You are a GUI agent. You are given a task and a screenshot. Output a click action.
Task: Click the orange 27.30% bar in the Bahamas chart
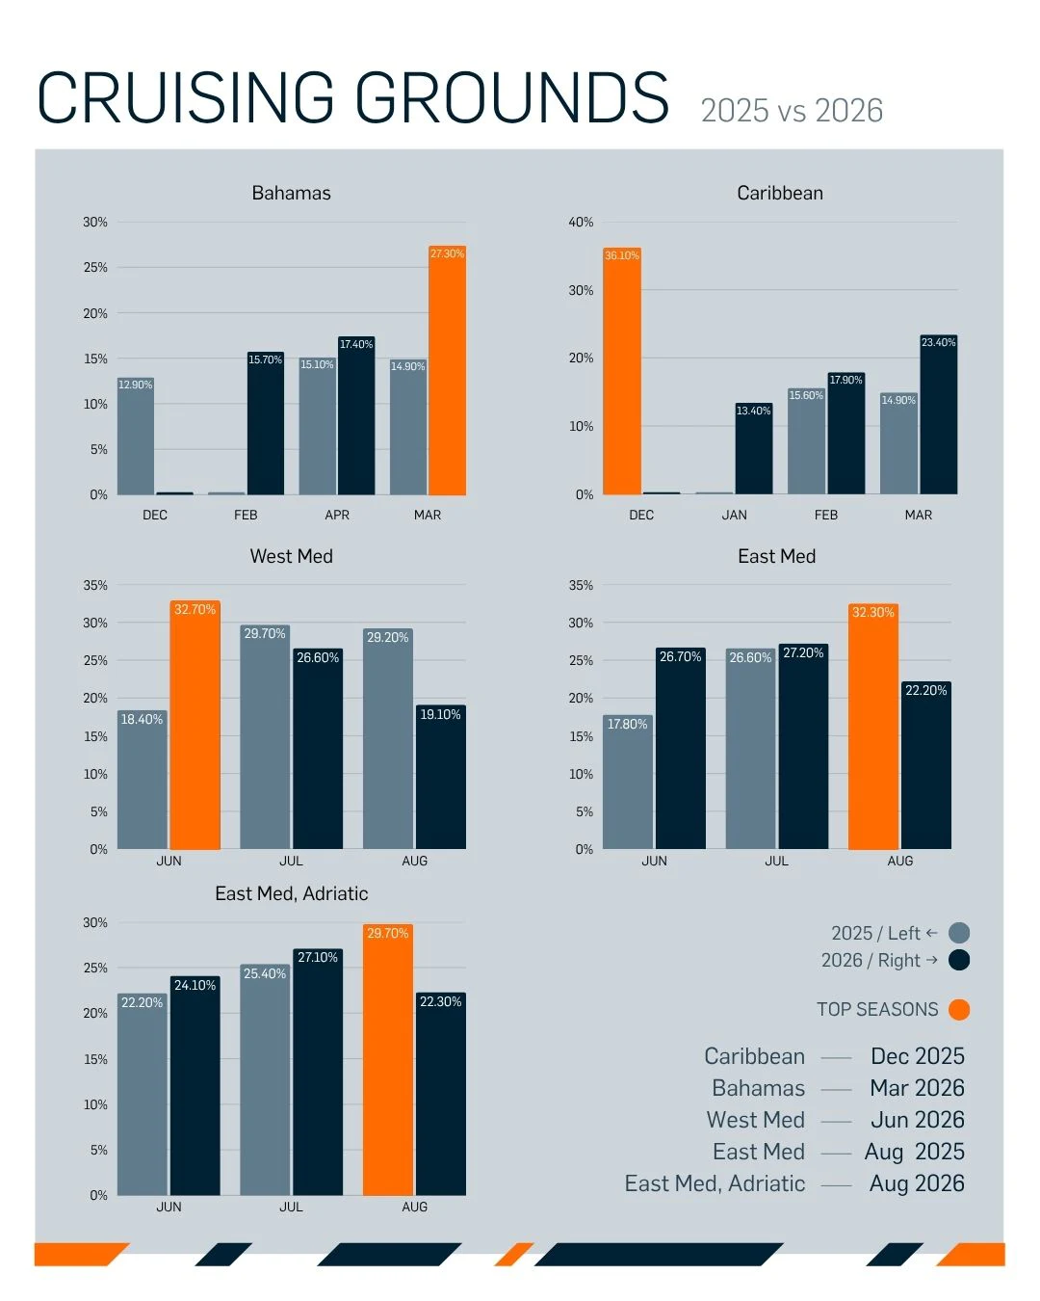(447, 370)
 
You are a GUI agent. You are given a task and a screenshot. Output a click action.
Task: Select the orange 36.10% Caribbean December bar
(622, 371)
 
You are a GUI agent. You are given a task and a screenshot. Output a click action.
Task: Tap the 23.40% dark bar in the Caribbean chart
(939, 414)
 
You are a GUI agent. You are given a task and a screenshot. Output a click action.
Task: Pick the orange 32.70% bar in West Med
(195, 725)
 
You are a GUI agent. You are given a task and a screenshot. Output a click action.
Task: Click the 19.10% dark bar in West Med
(440, 777)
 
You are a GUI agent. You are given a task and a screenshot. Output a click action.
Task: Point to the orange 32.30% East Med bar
(873, 726)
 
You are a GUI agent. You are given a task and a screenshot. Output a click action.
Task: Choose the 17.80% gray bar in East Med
(627, 782)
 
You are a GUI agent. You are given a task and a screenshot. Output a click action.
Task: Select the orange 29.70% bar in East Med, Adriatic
(388, 1059)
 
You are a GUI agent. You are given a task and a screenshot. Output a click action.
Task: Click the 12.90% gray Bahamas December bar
(136, 436)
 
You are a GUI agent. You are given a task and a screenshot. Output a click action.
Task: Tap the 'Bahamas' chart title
(291, 193)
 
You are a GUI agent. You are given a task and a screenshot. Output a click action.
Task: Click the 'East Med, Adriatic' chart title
(291, 893)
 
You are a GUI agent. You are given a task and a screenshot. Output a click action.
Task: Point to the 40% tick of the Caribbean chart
(581, 222)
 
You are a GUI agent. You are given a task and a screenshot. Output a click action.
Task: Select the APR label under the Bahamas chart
(337, 515)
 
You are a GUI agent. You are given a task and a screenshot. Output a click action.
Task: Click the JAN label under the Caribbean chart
(734, 515)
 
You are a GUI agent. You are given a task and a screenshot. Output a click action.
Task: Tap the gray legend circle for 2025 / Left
(959, 933)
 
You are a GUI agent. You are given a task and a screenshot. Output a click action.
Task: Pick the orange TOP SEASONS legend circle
(959, 1010)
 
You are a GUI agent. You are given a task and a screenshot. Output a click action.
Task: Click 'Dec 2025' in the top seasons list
(918, 1056)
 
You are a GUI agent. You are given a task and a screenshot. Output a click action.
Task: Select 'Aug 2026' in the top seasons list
(917, 1183)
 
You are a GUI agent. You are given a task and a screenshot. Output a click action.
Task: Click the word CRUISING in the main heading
(186, 97)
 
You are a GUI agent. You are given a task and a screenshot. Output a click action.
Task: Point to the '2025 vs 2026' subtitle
(792, 111)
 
